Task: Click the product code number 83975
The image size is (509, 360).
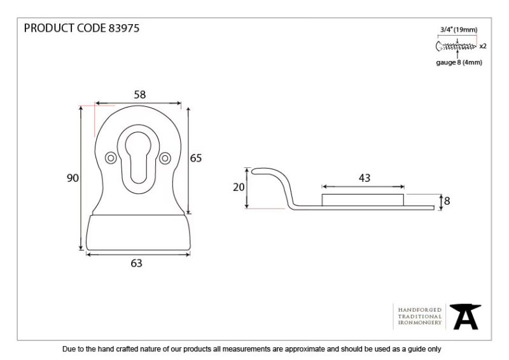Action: coord(123,28)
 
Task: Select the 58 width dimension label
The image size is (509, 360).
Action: coord(140,95)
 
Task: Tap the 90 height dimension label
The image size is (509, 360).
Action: coord(73,178)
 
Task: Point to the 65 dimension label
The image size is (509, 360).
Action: coord(196,158)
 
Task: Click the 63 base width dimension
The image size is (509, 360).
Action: coord(136,263)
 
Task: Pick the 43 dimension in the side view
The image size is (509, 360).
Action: coord(365,178)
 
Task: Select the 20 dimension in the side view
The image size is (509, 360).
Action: coord(239,187)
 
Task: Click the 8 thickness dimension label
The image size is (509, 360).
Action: coord(447,201)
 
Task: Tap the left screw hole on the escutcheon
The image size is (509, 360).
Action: coord(111,158)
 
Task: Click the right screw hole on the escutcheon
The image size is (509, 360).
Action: coord(165,158)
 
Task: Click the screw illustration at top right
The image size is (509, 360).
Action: coord(456,46)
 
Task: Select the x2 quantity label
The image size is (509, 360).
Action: coord(483,46)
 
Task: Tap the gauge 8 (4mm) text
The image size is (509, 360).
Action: coord(459,62)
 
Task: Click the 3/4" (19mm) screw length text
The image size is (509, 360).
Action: coord(459,30)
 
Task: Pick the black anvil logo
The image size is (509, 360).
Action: coord(465,317)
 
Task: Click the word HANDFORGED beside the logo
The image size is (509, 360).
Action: coord(420,310)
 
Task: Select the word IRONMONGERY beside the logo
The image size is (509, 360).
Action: coord(420,322)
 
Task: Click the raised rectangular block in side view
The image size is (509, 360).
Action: coord(363,200)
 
